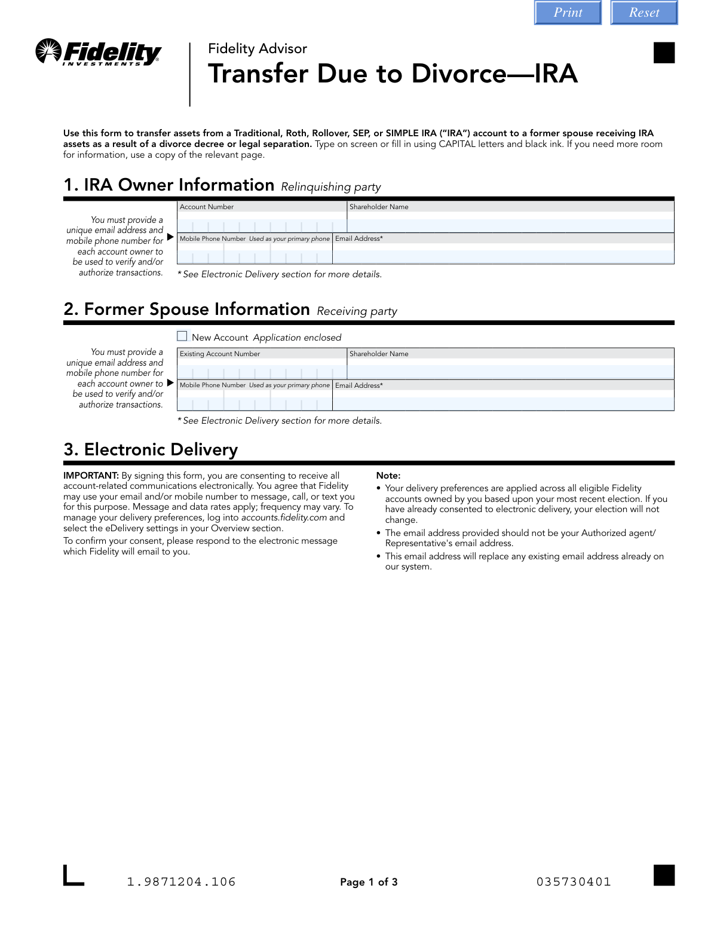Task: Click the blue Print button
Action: [568, 13]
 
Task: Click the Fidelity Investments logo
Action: [99, 53]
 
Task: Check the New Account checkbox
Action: [182, 336]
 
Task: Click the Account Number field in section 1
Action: [262, 225]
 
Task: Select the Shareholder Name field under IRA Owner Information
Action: [510, 225]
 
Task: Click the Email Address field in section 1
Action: [503, 256]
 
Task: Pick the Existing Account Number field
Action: [262, 372]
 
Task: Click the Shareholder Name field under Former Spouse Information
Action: [510, 372]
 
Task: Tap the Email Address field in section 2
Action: [503, 403]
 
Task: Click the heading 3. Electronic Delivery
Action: [151, 449]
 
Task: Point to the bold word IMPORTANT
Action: [91, 476]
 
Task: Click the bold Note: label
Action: [388, 476]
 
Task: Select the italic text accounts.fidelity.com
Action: [284, 517]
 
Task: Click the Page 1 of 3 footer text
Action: [369, 882]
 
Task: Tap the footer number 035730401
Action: [574, 882]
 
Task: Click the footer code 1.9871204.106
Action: [182, 882]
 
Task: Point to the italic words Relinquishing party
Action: [331, 187]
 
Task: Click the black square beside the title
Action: [664, 53]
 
